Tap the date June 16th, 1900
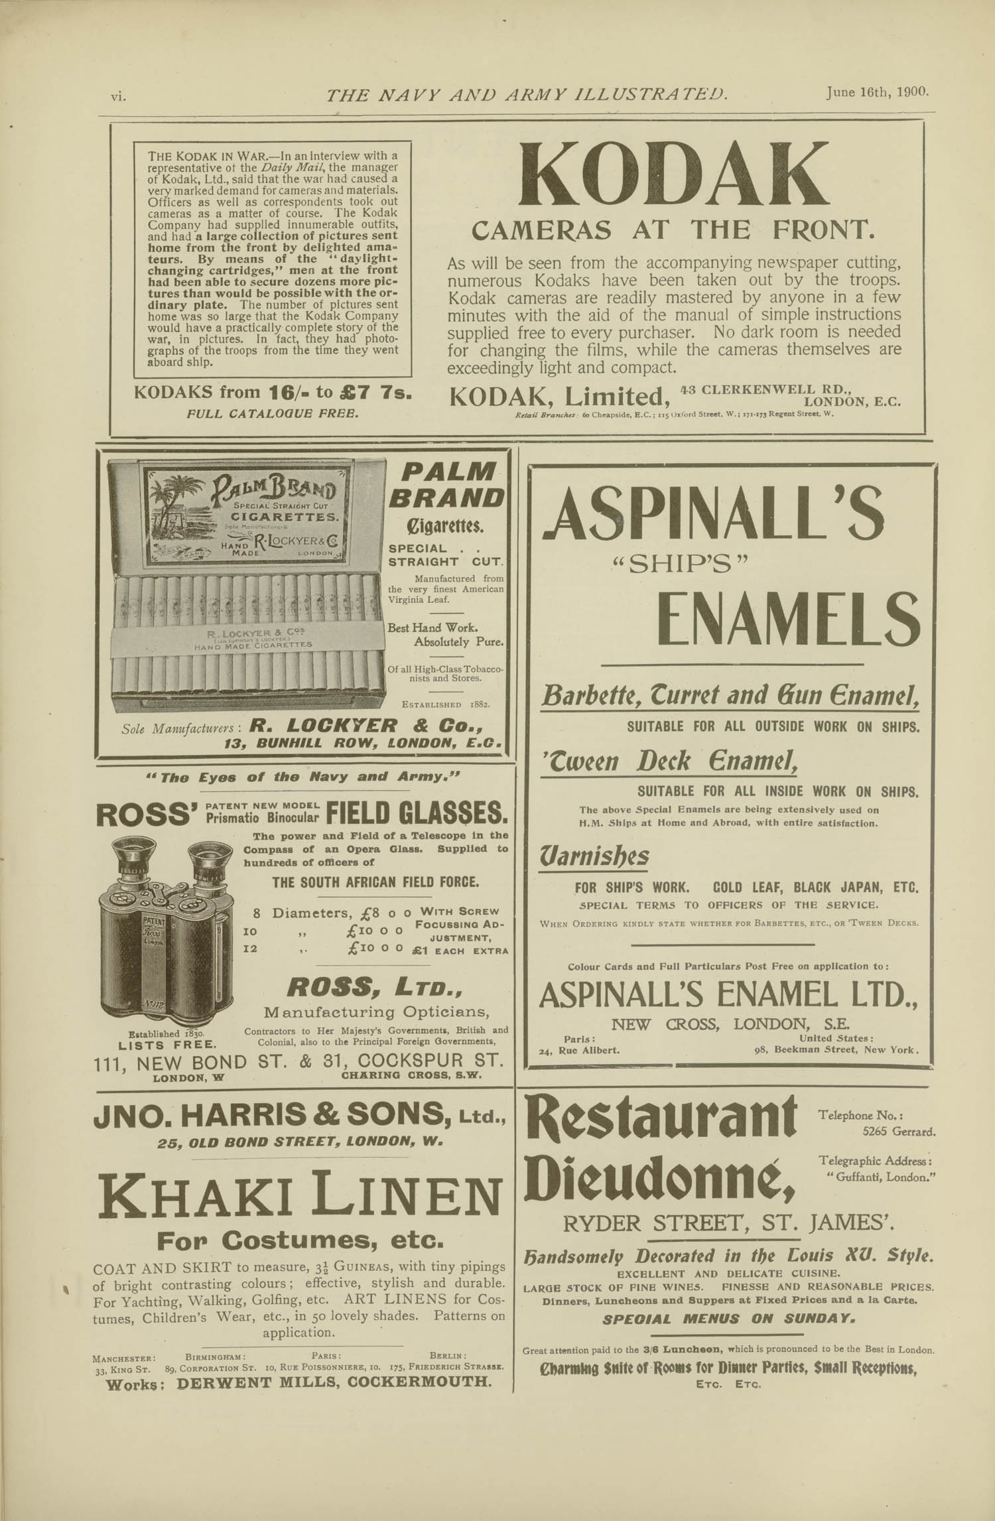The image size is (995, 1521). (877, 93)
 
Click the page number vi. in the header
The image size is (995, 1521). (119, 96)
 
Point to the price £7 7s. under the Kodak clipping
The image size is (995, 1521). (375, 391)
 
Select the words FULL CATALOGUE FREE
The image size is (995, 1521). (273, 413)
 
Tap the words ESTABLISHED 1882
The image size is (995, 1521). (446, 704)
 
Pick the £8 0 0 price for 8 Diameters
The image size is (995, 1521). (379, 913)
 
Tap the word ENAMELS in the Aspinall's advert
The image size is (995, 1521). (787, 621)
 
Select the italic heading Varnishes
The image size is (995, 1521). (595, 857)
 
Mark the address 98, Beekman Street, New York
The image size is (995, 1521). (836, 1050)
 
